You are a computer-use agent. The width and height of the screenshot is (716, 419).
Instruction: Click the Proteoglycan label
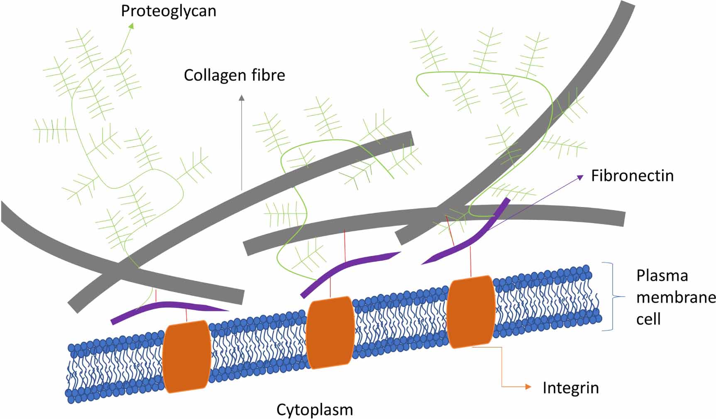(x=169, y=11)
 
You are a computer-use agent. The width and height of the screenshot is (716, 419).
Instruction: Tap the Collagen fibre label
(x=235, y=76)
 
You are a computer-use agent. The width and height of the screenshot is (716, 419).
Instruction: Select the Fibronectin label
(x=632, y=176)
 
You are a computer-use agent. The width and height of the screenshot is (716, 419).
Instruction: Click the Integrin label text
(x=571, y=388)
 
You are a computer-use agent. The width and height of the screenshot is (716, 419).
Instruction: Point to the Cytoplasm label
(x=315, y=410)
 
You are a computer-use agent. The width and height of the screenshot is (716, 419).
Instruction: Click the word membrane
(x=676, y=298)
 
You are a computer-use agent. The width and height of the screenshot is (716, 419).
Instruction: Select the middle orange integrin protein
(x=330, y=333)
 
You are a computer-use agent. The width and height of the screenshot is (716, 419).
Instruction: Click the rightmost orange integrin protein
(x=471, y=312)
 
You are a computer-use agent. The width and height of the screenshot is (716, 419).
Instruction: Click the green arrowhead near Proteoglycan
(x=131, y=26)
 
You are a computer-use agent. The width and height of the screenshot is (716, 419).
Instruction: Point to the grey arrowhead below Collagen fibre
(x=242, y=98)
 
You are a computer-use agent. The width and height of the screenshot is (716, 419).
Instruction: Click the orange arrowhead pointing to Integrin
(x=528, y=387)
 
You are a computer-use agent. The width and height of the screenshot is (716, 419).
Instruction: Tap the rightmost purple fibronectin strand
(x=473, y=241)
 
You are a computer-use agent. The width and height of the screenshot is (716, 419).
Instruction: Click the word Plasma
(x=662, y=276)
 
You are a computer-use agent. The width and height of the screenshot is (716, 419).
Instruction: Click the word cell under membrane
(x=648, y=319)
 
